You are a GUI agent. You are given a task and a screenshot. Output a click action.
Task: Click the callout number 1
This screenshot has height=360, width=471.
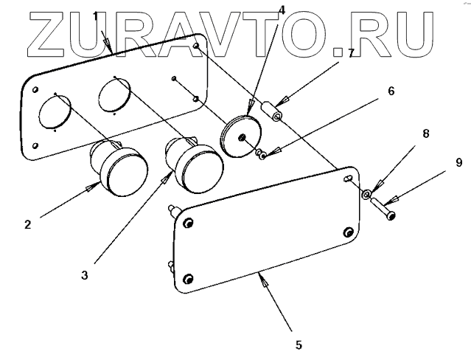click(x=95, y=15)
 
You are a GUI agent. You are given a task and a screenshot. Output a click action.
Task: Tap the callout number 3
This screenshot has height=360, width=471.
click(x=86, y=275)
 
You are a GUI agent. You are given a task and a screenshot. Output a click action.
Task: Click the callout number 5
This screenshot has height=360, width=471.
click(x=299, y=344)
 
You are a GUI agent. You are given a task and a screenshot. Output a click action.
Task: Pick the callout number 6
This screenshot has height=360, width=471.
click(x=391, y=91)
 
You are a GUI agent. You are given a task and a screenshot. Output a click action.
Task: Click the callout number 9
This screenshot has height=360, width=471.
click(x=458, y=162)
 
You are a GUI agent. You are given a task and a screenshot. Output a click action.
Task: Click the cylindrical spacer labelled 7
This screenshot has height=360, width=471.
click(x=274, y=115)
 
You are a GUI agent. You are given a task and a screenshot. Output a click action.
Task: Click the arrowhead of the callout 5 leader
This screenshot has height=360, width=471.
click(x=259, y=276)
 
